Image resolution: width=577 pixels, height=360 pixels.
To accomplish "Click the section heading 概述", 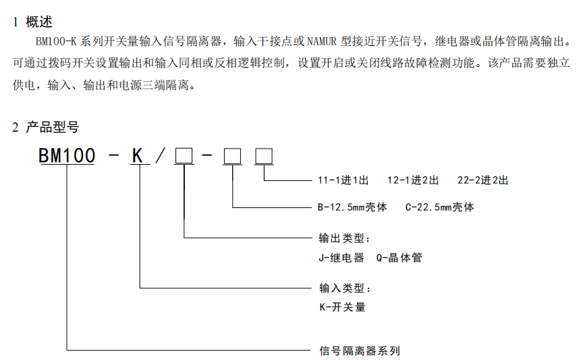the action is click(39, 22).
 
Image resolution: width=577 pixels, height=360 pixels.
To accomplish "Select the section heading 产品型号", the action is click(52, 127).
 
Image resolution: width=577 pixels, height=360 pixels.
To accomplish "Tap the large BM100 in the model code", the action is click(67, 155).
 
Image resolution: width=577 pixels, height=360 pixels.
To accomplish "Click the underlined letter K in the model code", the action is click(137, 155).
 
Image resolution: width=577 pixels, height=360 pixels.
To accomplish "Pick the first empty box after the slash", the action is click(184, 155).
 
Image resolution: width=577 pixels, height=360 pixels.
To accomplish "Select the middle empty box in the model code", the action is click(232, 156).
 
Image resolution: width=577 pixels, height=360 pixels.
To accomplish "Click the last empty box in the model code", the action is click(264, 156).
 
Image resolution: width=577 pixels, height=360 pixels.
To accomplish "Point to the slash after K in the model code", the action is click(161, 155).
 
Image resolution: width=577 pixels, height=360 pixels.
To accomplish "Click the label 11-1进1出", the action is click(343, 180).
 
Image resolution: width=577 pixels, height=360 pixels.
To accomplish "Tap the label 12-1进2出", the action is click(413, 180).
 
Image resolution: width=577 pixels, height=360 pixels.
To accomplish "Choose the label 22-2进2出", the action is click(483, 180).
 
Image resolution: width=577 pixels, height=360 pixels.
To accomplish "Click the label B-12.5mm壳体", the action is click(352, 207).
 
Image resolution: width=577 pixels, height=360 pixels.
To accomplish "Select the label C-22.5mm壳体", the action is click(439, 207).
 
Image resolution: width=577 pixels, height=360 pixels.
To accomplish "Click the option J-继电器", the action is click(341, 257).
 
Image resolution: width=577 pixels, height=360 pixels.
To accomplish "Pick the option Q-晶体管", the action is click(399, 257).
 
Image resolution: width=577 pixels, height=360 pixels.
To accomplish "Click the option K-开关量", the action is click(342, 307).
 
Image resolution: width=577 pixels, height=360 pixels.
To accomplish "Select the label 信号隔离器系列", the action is click(360, 351).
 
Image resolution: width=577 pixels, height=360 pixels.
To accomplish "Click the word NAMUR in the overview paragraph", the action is click(322, 41).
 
